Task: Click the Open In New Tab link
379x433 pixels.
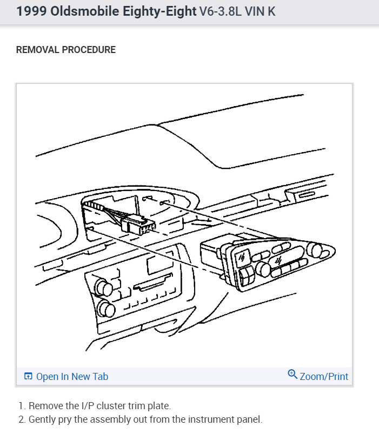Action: (72, 377)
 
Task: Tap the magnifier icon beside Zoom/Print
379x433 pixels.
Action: (292, 375)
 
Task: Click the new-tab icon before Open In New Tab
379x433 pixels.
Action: (29, 377)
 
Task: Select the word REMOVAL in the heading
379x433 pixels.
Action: (38, 50)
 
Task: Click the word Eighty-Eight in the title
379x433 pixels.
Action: (157, 11)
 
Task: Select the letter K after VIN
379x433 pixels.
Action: (271, 11)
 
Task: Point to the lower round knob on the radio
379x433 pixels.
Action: (107, 309)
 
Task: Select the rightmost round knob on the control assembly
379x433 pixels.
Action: (315, 250)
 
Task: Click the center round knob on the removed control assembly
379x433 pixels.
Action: (264, 268)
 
